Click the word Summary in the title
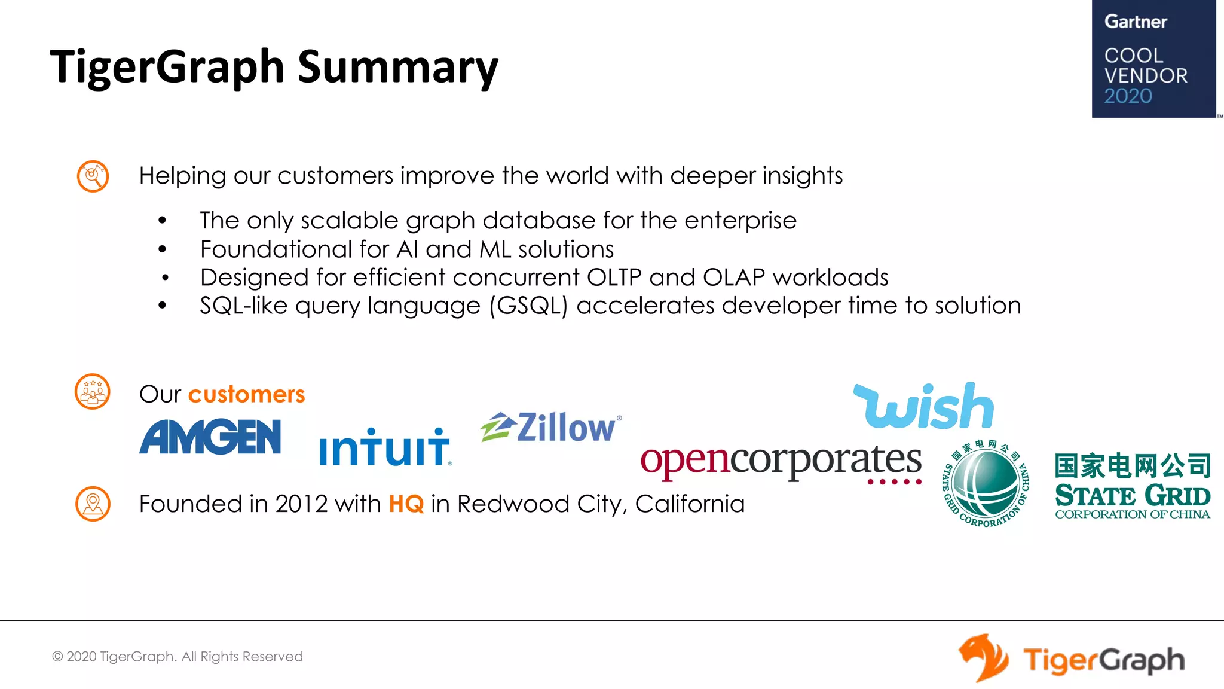click(397, 66)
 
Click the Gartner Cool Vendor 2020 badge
click(1153, 59)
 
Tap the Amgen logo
click(210, 437)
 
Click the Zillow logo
click(551, 427)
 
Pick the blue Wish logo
click(924, 407)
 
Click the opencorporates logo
click(781, 462)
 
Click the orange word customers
click(246, 395)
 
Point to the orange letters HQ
click(406, 504)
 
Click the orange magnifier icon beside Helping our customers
click(93, 176)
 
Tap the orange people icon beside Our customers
click(92, 392)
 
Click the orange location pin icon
click(93, 504)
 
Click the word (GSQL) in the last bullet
click(528, 306)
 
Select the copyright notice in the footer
click(178, 657)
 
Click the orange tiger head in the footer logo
click(983, 658)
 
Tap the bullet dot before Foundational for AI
click(162, 249)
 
